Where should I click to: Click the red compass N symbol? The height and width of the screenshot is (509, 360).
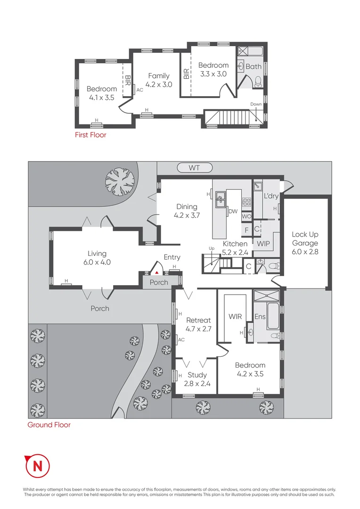click(x=37, y=466)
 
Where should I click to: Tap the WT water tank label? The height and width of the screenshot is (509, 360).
click(x=195, y=167)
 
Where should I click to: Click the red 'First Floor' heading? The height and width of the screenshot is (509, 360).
click(x=90, y=135)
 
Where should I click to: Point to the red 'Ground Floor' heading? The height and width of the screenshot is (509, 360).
click(x=49, y=425)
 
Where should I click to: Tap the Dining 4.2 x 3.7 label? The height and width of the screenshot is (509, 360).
click(x=187, y=211)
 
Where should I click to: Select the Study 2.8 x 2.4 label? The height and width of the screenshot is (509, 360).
click(x=197, y=379)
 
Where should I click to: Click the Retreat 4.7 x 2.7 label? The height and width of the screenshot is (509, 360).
click(x=198, y=324)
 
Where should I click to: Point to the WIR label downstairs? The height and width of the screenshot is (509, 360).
click(x=235, y=316)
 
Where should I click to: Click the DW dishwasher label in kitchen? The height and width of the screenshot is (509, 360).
click(x=233, y=212)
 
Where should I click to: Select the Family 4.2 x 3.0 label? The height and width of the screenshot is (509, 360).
click(x=159, y=80)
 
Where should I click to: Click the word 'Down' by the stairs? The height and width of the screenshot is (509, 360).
click(x=256, y=104)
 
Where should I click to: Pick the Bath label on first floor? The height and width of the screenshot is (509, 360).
click(x=254, y=66)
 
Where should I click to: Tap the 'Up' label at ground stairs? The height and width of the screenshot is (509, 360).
click(x=212, y=248)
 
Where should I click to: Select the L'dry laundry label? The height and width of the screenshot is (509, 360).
click(x=271, y=196)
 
